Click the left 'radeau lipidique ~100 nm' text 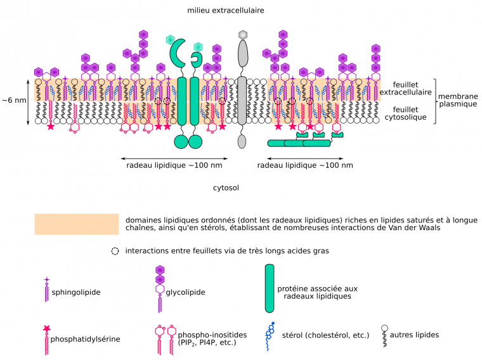pyautogui.click(x=174, y=165)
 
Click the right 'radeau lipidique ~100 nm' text pyautogui.click(x=306, y=165)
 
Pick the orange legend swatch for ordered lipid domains pyautogui.click(x=76, y=224)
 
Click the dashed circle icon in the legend pyautogui.click(x=115, y=250)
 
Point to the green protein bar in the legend pyautogui.click(x=270, y=289)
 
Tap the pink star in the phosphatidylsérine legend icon pyautogui.click(x=46, y=328)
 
